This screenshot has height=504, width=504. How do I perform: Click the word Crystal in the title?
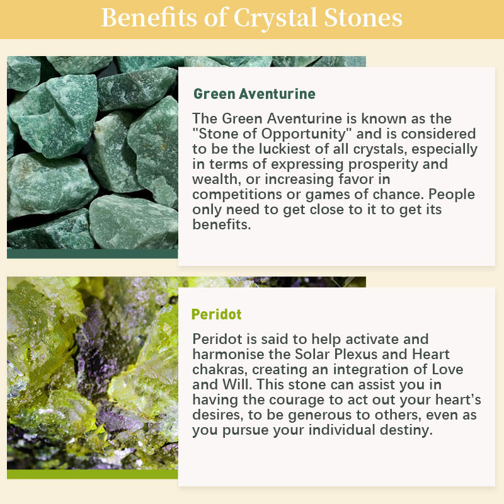(276, 18)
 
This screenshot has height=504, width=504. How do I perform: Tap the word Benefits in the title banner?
(149, 18)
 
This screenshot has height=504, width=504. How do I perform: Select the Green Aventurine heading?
(255, 94)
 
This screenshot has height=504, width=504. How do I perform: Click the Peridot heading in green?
(216, 314)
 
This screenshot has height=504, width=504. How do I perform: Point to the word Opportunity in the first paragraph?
(306, 134)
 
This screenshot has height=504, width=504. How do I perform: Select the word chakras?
(220, 370)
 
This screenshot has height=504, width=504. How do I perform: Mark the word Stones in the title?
(364, 18)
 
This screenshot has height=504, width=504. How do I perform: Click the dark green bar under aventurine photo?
(92, 254)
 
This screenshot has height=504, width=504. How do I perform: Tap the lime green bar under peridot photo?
(92, 474)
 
